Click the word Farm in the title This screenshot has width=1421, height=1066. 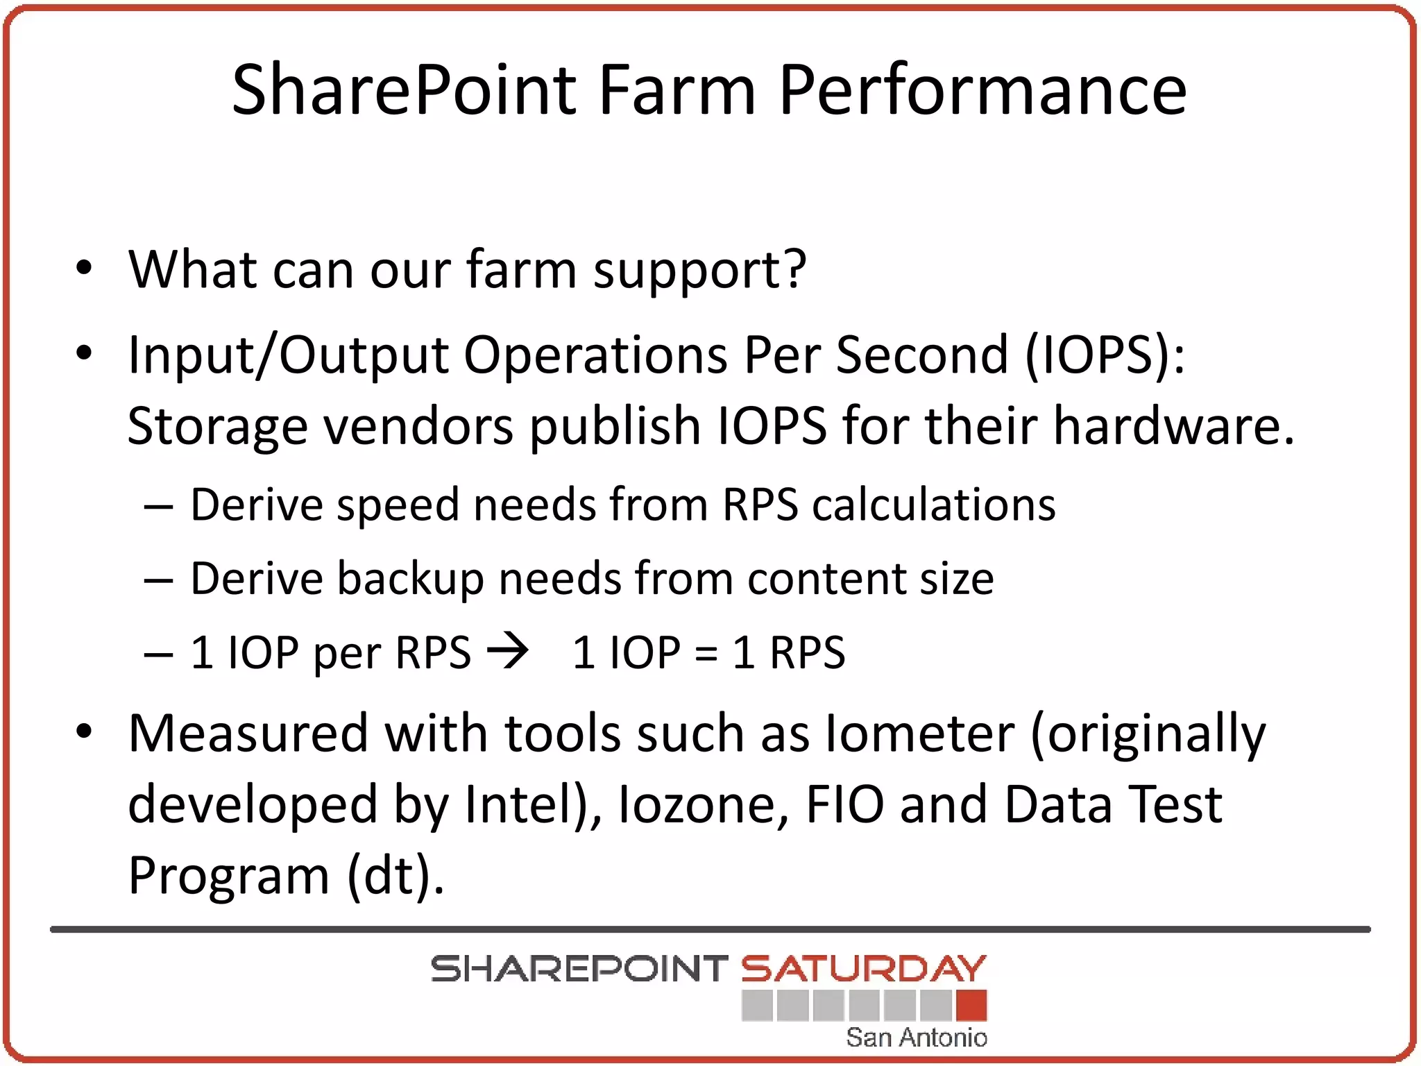(x=677, y=90)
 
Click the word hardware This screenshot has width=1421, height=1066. (x=1173, y=426)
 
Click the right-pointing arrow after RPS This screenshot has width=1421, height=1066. (x=508, y=652)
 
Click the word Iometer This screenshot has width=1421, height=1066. (x=920, y=734)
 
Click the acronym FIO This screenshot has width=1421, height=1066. (x=845, y=805)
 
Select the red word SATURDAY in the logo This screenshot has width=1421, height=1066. (x=863, y=969)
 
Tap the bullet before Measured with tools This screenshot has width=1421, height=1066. (x=84, y=731)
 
